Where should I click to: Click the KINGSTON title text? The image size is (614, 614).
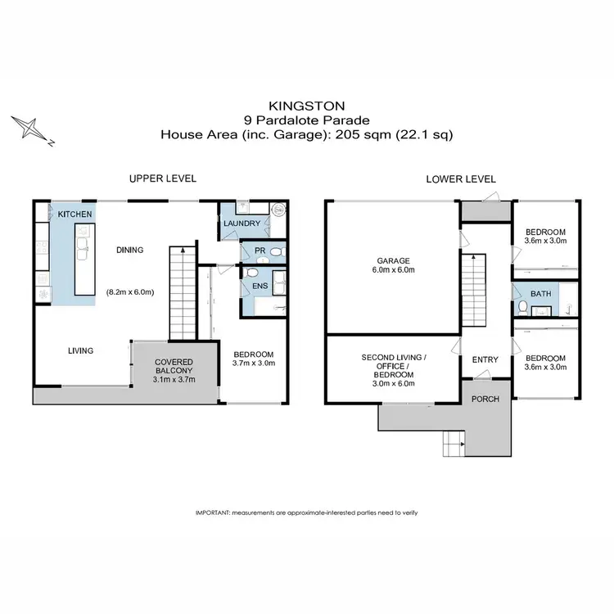306,105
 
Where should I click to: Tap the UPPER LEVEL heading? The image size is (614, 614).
162,178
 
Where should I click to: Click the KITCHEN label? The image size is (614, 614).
74,214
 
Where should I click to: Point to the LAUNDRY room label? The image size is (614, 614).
242,223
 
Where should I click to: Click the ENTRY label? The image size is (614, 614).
485,359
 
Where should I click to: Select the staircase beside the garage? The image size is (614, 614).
474,288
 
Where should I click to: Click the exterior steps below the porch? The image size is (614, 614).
452,445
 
